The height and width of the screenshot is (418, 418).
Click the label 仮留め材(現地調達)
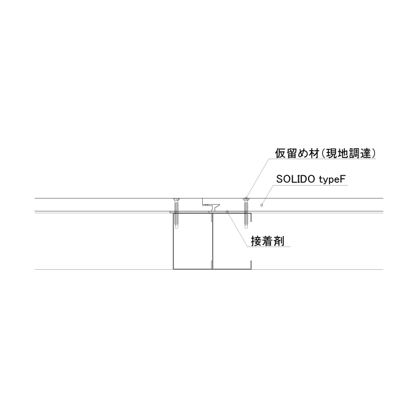tap(326, 154)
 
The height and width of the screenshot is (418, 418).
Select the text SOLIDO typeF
tap(310, 179)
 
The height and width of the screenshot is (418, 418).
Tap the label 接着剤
tap(267, 241)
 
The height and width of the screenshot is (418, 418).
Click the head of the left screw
tap(176, 200)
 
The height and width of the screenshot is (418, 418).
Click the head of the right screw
tap(246, 200)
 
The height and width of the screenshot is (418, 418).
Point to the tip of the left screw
tap(176, 228)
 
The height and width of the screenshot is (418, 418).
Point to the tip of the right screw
tap(246, 228)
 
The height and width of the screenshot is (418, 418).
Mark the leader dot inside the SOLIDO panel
tap(261, 205)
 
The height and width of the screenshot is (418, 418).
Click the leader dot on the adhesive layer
tap(227, 211)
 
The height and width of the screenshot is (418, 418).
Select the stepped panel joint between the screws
tap(211, 205)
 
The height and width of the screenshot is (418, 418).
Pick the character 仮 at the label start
tap(280, 154)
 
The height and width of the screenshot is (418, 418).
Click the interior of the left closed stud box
tap(193, 241)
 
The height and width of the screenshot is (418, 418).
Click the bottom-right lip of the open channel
tap(251, 265)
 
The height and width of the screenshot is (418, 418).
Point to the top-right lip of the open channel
tap(251, 217)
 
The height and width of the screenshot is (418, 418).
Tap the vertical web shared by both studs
tap(212, 241)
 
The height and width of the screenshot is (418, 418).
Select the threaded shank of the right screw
tap(246, 214)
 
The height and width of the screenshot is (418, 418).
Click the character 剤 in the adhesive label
tap(279, 241)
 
